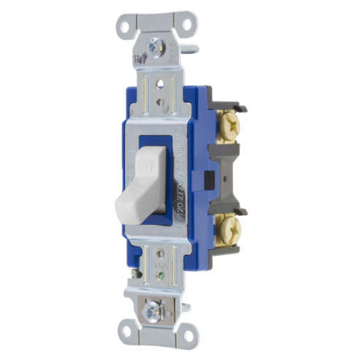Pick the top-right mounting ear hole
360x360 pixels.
(181, 22)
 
